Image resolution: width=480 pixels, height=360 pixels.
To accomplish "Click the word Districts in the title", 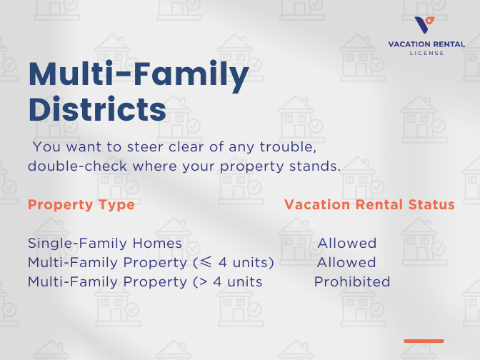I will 97,110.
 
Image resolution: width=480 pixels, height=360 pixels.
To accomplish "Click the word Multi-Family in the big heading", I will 139,74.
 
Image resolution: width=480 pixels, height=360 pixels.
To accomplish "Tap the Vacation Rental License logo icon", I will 426,24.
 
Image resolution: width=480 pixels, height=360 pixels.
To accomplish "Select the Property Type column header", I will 81,205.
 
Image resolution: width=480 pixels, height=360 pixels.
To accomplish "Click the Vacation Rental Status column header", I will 369,205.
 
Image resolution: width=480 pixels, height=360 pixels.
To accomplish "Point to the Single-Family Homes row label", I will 105,244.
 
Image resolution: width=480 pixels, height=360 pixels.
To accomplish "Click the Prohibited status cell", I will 352,281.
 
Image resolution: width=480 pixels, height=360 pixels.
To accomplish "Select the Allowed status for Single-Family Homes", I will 346,244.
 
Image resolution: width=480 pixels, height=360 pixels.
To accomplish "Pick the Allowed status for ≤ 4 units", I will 346,263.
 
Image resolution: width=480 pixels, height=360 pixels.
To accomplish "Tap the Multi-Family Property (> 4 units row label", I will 145,281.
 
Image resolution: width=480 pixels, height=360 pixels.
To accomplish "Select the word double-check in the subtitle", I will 69,166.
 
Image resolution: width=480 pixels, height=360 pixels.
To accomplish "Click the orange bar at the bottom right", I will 424,341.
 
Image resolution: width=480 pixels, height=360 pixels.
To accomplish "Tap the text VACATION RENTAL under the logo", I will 426,44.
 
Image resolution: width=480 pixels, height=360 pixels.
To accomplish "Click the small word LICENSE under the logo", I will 426,53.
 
